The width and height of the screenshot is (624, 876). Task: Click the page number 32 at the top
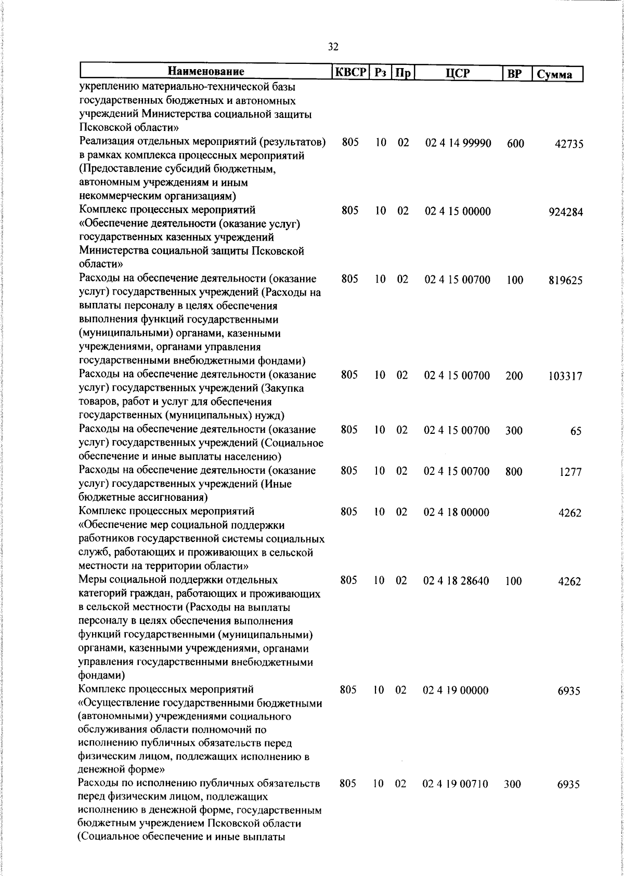(333, 47)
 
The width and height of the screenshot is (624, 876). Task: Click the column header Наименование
(206, 72)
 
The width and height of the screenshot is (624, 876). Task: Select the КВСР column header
(350, 72)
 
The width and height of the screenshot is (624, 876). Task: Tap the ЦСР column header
(458, 73)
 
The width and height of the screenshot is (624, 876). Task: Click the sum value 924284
(565, 213)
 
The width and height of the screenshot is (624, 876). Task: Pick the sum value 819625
(565, 281)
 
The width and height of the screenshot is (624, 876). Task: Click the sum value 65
(575, 431)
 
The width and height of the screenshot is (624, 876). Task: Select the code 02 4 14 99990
(458, 143)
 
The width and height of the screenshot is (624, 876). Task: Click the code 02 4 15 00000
(458, 211)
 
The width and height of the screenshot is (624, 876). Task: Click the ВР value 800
(514, 472)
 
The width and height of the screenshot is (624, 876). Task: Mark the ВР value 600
(515, 144)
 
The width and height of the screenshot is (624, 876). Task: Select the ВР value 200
(514, 376)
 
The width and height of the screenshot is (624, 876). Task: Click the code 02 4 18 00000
(457, 512)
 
